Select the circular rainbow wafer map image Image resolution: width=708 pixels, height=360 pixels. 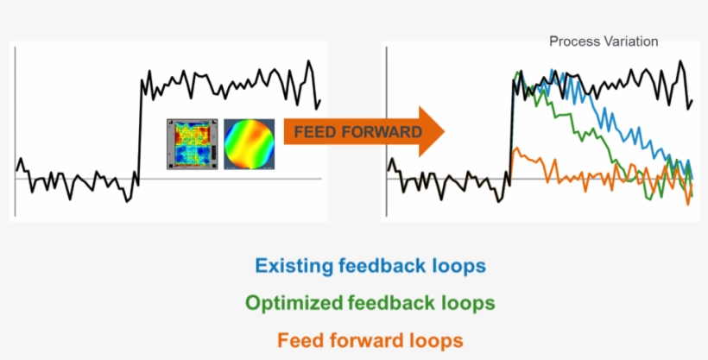pyautogui.click(x=249, y=143)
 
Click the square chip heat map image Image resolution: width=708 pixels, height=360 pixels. pyautogui.click(x=193, y=143)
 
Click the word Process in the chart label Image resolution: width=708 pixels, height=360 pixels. pyautogui.click(x=573, y=41)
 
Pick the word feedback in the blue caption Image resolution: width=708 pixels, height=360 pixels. pyautogui.click(x=386, y=266)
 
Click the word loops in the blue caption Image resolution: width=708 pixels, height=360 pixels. pyautogui.click(x=458, y=266)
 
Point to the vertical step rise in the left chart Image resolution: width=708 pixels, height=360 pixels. pyautogui.click(x=138, y=129)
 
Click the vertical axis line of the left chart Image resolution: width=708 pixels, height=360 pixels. pyautogui.click(x=15, y=129)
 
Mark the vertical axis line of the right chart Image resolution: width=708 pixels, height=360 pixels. pyautogui.click(x=387, y=129)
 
